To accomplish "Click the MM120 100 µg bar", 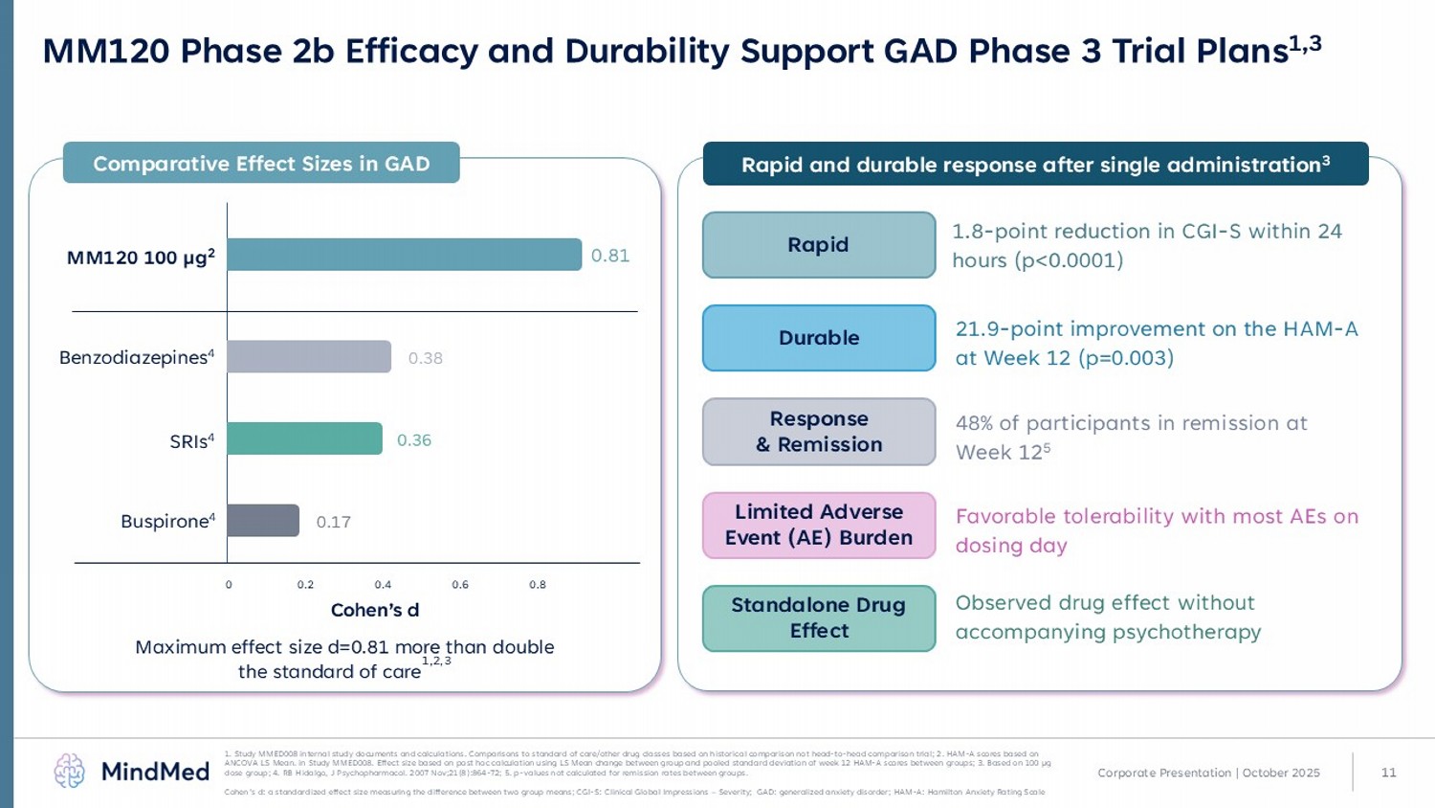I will [x=404, y=255].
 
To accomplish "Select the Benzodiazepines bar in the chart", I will [x=309, y=357].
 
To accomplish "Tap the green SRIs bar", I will [x=304, y=439].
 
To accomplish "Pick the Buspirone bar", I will [x=263, y=521].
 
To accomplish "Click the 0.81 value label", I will [x=610, y=256].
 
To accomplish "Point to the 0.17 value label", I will [x=334, y=522].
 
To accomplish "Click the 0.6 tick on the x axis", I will [x=460, y=585].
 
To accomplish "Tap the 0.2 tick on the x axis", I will [x=305, y=585].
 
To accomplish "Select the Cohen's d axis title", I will [x=375, y=610].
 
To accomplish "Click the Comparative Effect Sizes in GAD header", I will [x=261, y=164].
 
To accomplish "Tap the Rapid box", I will [x=819, y=245].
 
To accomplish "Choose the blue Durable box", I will [x=819, y=338].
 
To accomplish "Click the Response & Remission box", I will [x=819, y=432].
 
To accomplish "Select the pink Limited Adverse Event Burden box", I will [x=819, y=525].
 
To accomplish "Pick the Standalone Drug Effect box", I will [x=819, y=618].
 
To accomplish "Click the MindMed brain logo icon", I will [x=70, y=771].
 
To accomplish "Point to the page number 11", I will [x=1389, y=773].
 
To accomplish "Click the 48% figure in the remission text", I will [x=974, y=423].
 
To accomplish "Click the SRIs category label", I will [x=191, y=441].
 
